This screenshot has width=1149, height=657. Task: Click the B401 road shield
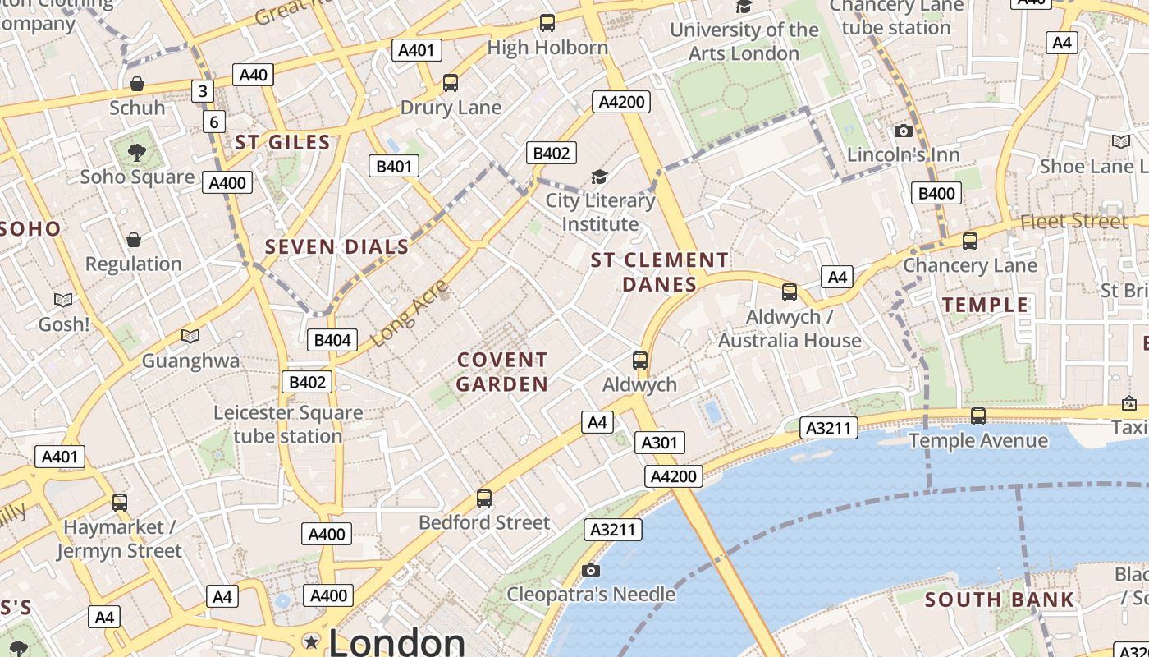pos(394,167)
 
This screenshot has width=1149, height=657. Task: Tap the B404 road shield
pos(332,340)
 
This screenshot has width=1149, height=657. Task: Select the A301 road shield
pos(659,443)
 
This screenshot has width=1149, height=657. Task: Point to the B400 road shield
pos(936,194)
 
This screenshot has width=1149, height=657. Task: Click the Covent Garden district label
pos(502,372)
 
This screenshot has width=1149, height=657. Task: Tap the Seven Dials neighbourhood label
pos(336,247)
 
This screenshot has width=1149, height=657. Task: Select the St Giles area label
pos(282,143)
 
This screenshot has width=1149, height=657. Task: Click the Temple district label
pos(986,306)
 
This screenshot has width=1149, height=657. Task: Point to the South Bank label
pos(1000,600)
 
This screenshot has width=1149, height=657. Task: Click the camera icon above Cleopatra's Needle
pos(590,571)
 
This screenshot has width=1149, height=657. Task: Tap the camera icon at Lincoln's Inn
pos(904,131)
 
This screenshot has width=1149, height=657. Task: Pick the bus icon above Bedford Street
pos(484,498)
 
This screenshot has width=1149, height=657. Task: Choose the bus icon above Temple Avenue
pos(977,416)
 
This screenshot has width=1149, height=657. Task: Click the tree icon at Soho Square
pos(137,152)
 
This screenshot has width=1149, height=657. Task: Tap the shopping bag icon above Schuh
pos(137,84)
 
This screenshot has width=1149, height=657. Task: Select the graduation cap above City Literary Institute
pos(600,177)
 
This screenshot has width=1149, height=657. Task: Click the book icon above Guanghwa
pos(190,337)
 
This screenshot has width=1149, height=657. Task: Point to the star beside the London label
pos(311,641)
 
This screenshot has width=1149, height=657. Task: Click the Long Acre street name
pos(410,312)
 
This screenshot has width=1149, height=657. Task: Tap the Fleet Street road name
pos(1074,221)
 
